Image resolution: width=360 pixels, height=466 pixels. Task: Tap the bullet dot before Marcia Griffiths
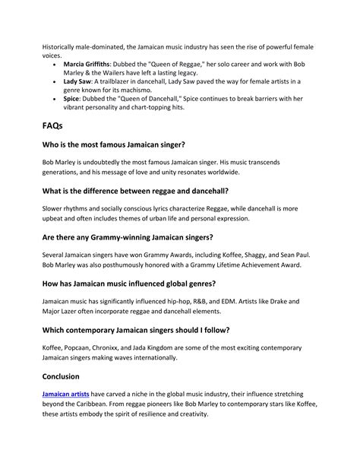pyautogui.click(x=52, y=66)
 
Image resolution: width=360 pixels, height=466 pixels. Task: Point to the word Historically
pyautogui.click(x=64, y=46)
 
